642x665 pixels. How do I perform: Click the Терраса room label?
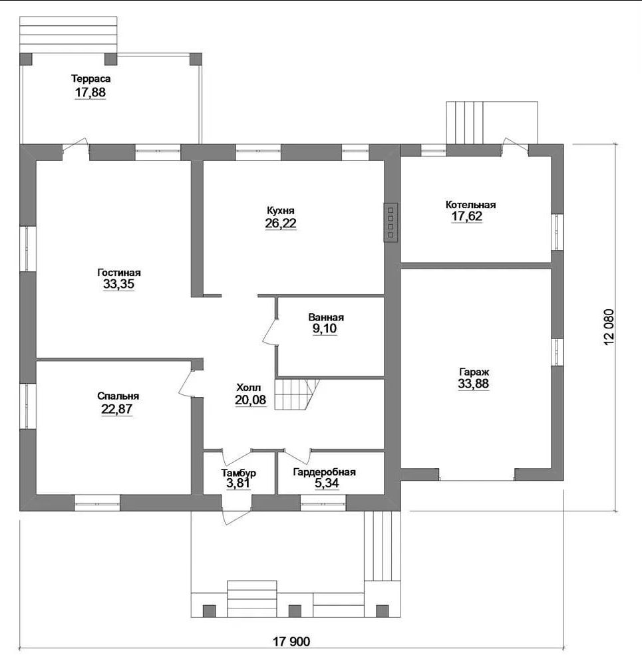[x=90, y=78]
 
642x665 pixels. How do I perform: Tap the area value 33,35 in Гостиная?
[x=119, y=284]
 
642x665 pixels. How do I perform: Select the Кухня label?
[x=281, y=210]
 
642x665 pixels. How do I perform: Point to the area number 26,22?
[x=281, y=223]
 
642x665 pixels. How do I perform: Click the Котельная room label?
[x=470, y=204]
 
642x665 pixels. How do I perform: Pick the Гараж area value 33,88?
[x=473, y=384]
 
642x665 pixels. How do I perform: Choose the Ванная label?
[x=326, y=317]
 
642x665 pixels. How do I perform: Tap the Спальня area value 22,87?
[x=116, y=409]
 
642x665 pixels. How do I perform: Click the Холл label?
[x=249, y=388]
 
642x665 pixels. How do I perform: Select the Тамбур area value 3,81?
[x=238, y=483]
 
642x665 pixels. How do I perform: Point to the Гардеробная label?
[x=324, y=472]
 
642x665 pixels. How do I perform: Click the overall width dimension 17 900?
[x=291, y=641]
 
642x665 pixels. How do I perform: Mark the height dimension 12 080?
[x=609, y=327]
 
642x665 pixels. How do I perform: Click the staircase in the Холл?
[x=297, y=394]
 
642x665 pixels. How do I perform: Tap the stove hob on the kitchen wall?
[x=391, y=222]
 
